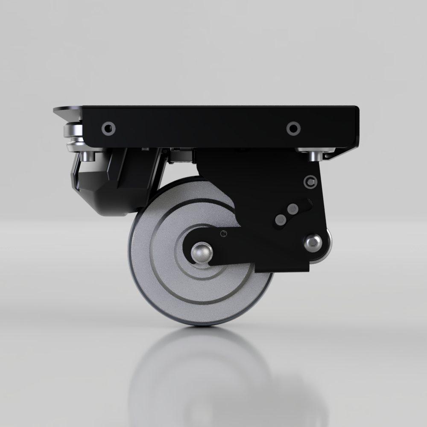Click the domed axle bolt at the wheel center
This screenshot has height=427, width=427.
201,252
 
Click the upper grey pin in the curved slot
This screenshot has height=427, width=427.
293,209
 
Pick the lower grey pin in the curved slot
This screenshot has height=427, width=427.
281,219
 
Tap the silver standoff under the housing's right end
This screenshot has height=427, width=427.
315,155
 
